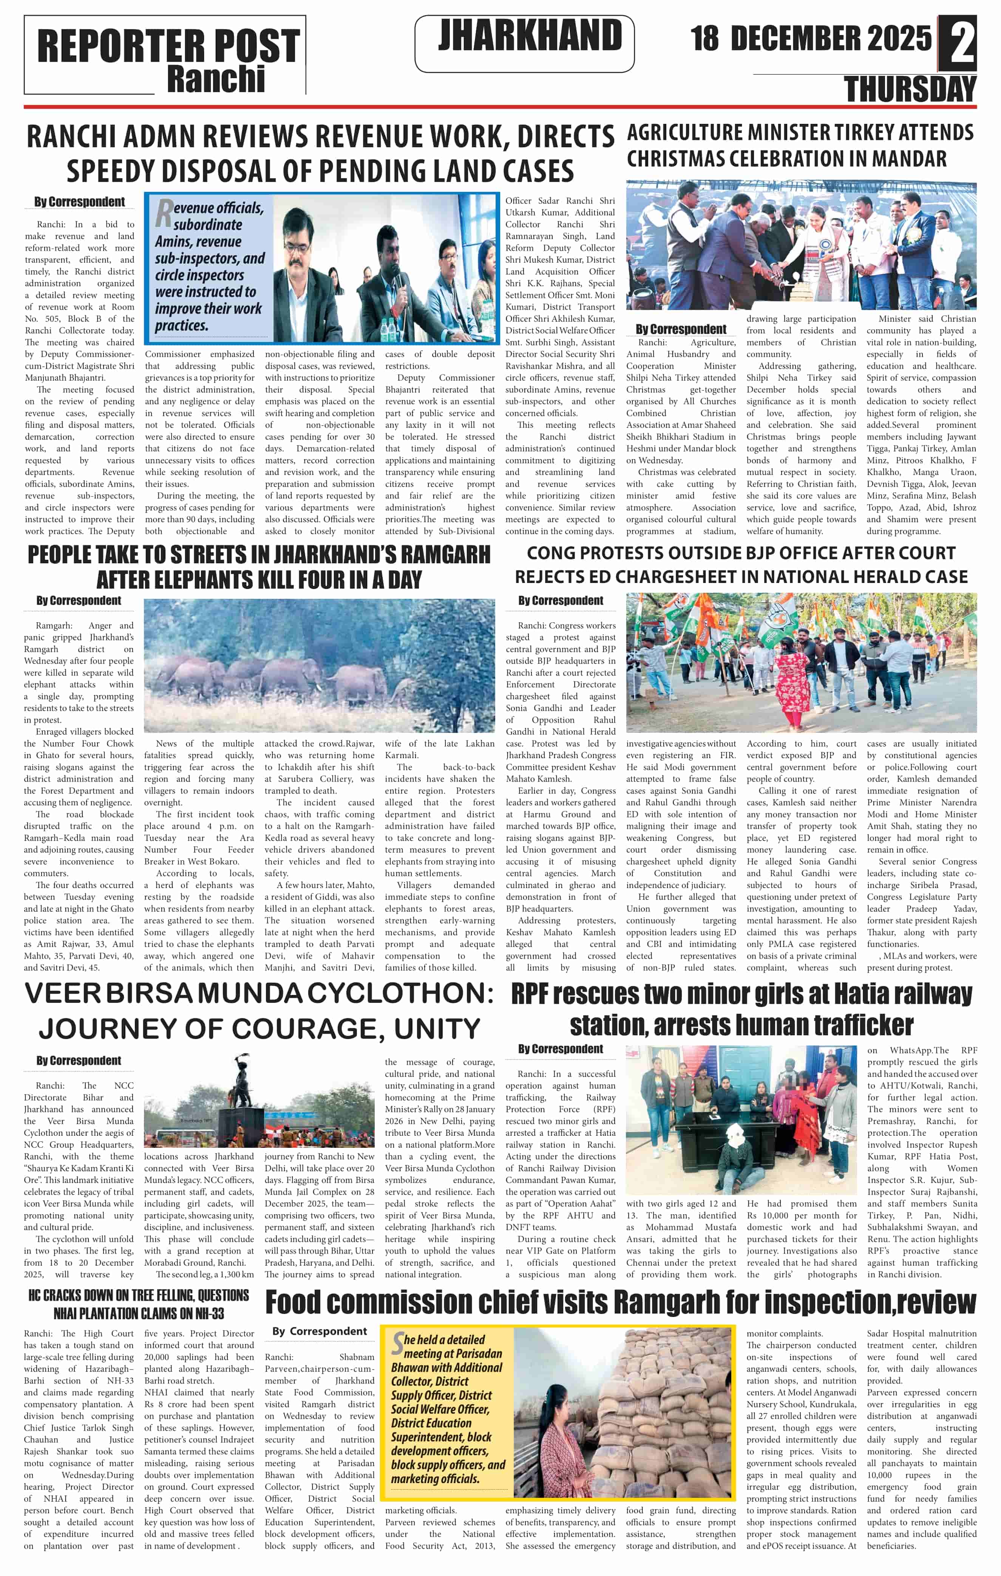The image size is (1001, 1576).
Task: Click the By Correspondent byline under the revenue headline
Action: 79,202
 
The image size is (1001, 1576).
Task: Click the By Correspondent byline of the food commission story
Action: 320,1331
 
